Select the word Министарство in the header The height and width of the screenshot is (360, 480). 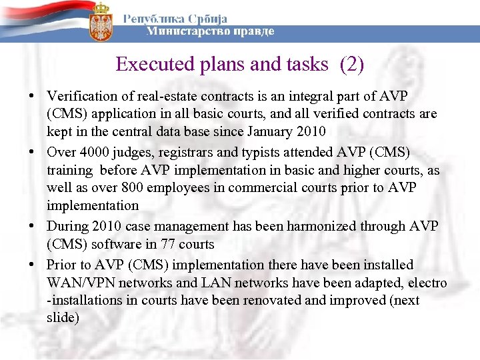[x=179, y=31]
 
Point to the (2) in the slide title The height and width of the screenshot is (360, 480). [x=351, y=64]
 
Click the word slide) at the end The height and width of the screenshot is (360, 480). [x=63, y=318]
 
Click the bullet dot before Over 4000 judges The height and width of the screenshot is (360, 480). [x=33, y=151]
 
